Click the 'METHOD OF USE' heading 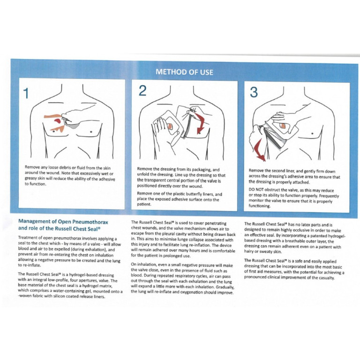pyautogui.click(x=184, y=72)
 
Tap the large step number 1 pyautogui.click(x=26, y=94)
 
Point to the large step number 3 pyautogui.click(x=254, y=92)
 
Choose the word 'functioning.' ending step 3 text pyautogui.click(x=260, y=206)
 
